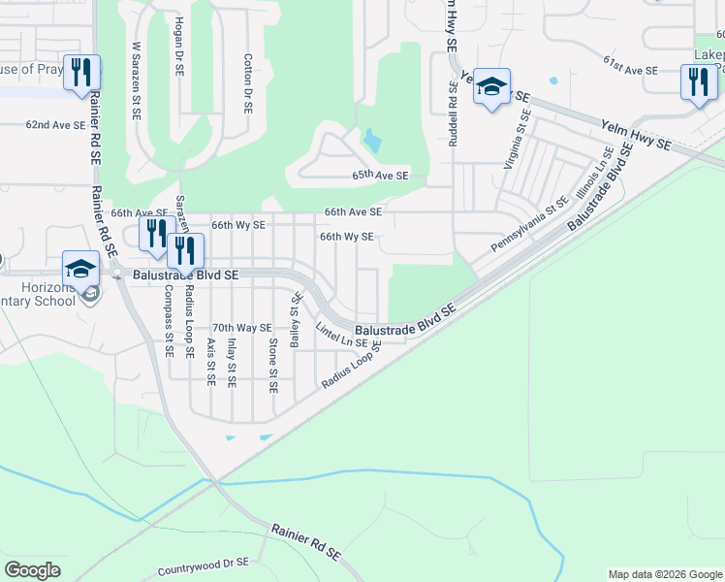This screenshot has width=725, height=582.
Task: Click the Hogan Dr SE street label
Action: (x=179, y=46)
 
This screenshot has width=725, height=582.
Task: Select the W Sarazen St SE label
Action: (x=136, y=81)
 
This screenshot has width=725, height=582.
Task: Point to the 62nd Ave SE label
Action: (x=56, y=125)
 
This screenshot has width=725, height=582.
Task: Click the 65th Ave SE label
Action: (x=380, y=176)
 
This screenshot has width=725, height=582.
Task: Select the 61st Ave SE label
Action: (x=630, y=71)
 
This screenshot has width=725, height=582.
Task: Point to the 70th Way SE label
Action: (x=241, y=328)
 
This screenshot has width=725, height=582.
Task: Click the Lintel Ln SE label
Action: (x=341, y=337)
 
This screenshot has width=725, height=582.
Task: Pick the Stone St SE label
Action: (x=273, y=366)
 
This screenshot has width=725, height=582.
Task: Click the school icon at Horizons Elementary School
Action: (x=81, y=269)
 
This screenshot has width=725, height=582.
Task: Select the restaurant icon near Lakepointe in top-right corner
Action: (x=698, y=81)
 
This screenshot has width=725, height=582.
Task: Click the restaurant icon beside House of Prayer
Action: (x=81, y=72)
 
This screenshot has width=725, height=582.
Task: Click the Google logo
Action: (x=32, y=569)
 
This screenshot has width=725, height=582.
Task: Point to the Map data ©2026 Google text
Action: (x=664, y=574)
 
